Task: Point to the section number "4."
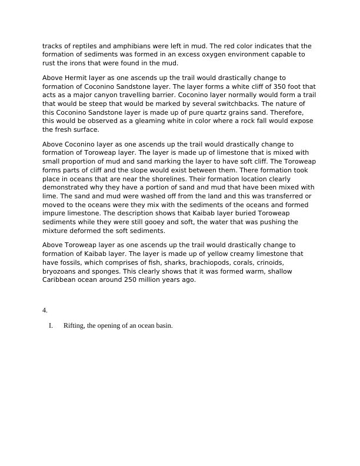45,310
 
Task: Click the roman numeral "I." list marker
51,326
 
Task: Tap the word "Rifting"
74,326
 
